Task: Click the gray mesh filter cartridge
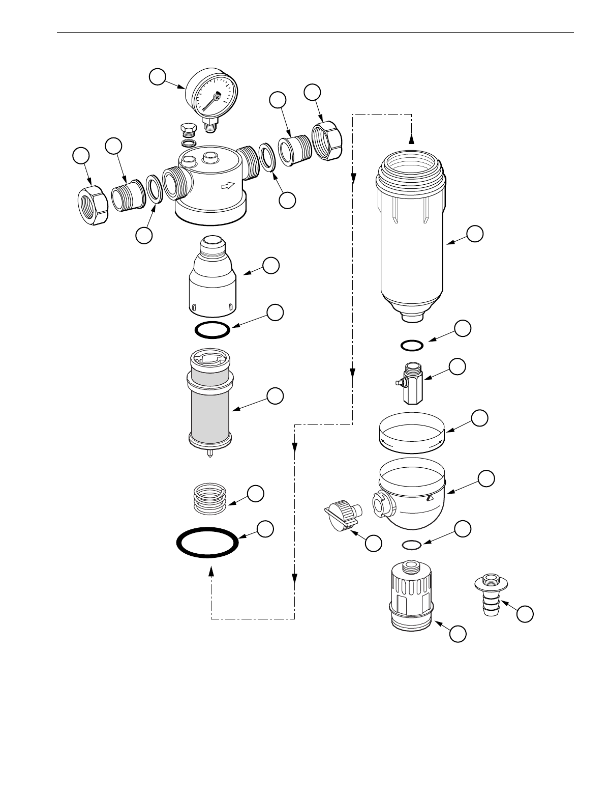210,407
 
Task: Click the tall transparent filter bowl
412,239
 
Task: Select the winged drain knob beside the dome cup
341,514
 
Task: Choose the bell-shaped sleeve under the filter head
213,280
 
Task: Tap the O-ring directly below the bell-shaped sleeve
212,330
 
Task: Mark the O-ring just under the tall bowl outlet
412,346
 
